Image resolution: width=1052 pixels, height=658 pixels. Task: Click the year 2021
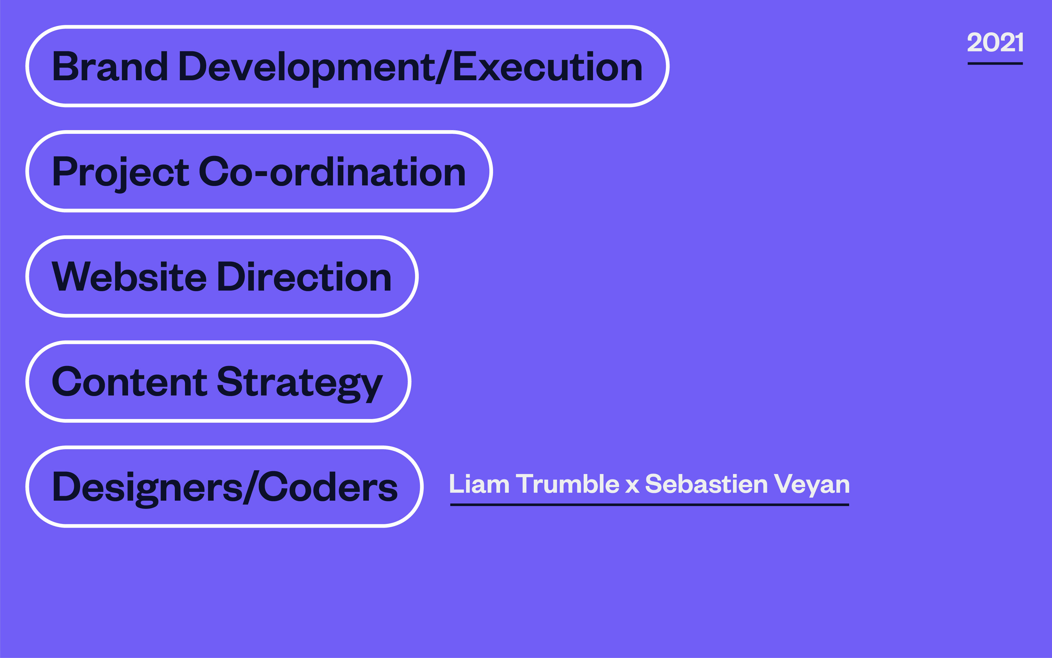click(x=995, y=42)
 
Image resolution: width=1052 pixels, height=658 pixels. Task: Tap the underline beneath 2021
click(x=995, y=64)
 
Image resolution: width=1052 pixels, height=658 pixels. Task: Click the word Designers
click(x=147, y=488)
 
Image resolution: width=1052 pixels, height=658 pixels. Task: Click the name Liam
click(x=479, y=484)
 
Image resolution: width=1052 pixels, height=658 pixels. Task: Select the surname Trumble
click(x=568, y=484)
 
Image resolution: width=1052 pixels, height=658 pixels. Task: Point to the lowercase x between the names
click(x=632, y=486)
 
